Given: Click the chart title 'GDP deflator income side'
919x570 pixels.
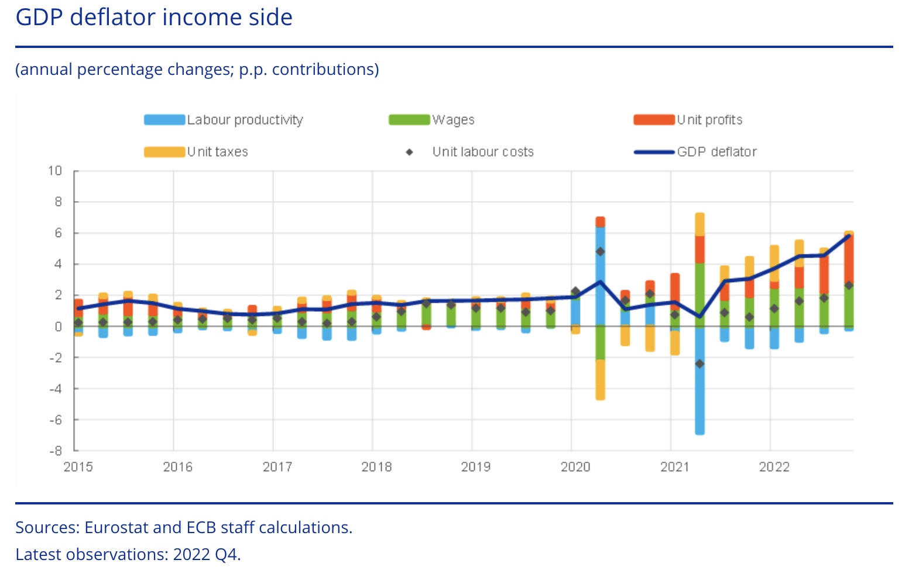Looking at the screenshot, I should pos(154,18).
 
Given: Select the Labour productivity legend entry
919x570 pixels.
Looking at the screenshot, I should pos(245,120).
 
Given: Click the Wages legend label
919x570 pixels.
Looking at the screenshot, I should pos(453,120).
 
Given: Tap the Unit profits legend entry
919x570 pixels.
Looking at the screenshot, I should pos(709,120).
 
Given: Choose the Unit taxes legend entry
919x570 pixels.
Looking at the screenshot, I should pos(217,152).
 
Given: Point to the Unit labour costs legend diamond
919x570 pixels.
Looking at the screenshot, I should pos(410,152).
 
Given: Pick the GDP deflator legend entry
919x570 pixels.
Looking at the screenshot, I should pos(716,152).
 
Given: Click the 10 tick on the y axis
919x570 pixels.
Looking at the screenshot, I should pos(55,171).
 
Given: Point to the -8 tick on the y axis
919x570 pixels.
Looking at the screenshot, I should pos(55,451).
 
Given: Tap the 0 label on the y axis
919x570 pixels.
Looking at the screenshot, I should pos(58,327).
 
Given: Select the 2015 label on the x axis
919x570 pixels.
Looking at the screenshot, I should pos(78,467).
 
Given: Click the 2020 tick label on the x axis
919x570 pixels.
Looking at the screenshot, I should pos(575,467).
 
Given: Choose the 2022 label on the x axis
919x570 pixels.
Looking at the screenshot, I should pos(774,467).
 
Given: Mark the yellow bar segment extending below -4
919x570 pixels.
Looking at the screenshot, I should pos(600,380).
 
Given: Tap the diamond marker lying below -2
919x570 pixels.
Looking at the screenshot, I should pos(699,364).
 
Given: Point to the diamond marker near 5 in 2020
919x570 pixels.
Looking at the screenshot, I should pos(600,252).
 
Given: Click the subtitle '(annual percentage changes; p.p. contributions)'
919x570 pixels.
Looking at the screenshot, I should pos(197,70).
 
